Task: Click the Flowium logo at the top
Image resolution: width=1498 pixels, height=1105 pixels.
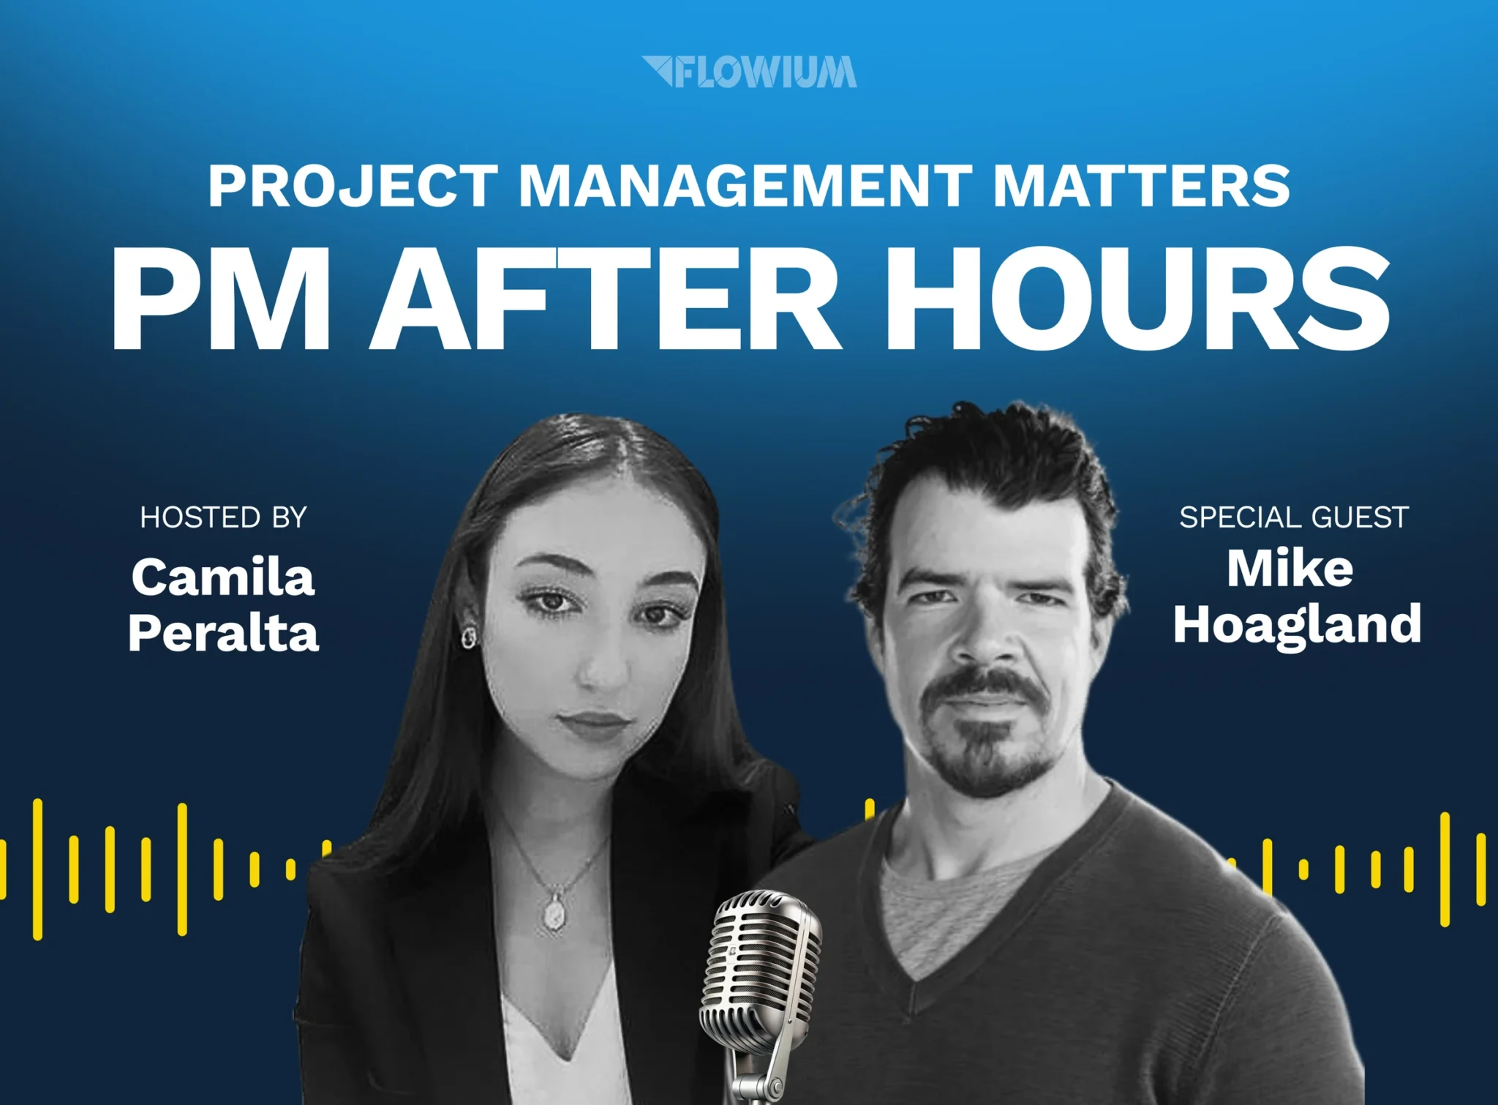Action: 749,72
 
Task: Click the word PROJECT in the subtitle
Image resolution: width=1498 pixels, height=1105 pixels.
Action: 353,186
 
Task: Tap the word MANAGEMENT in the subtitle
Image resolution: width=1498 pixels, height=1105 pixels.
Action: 745,186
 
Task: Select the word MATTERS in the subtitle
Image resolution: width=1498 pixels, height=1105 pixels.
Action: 1141,186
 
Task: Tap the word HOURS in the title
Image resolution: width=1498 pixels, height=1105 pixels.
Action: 1138,299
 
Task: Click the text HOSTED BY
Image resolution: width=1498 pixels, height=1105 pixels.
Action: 223,517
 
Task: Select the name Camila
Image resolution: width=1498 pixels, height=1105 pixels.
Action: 223,577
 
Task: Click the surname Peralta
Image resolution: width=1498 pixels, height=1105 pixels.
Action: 223,632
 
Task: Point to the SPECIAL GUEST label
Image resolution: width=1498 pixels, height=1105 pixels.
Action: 1294,517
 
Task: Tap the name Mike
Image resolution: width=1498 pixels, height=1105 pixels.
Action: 1290,568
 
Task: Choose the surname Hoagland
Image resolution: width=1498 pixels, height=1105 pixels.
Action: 1298,625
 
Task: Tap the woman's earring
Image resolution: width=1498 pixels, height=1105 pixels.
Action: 468,637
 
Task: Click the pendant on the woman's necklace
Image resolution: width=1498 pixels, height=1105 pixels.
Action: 554,912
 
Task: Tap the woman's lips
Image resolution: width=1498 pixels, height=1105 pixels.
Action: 594,724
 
